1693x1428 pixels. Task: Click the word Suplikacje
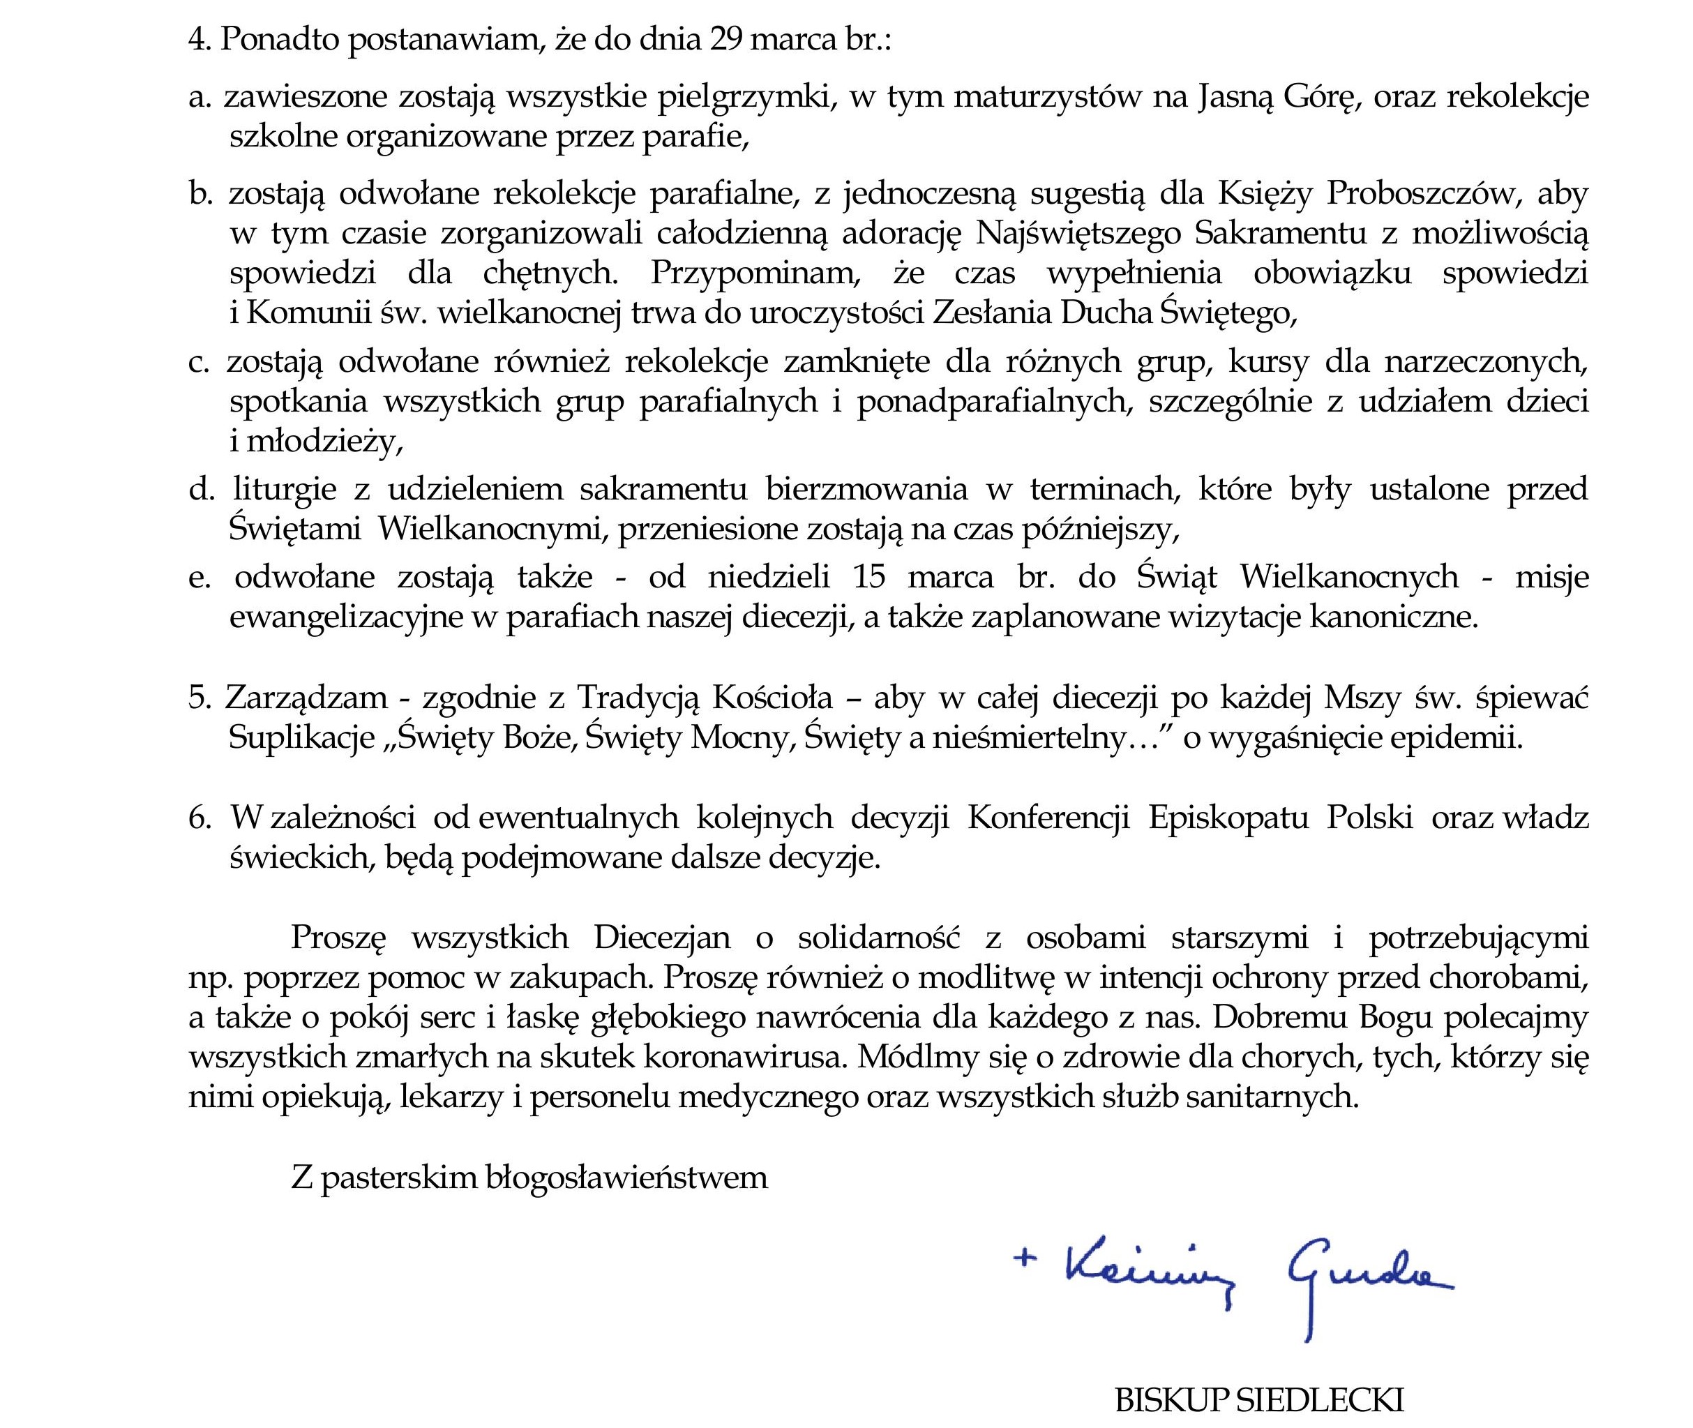(x=302, y=737)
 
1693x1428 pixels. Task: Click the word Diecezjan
(x=661, y=938)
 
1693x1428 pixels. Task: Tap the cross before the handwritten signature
(x=1025, y=1257)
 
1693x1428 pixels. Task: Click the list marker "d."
(x=202, y=490)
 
